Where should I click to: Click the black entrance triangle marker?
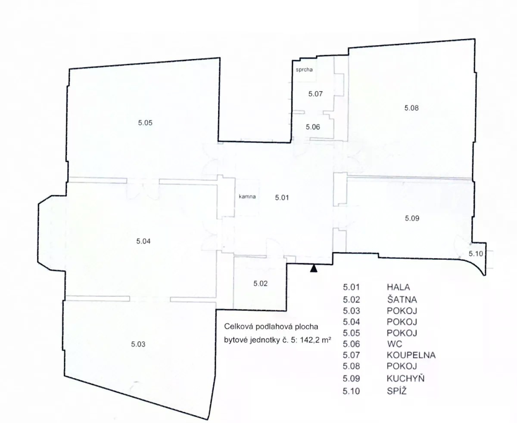314,268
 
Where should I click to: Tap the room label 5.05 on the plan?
145,123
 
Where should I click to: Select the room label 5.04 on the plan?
143,241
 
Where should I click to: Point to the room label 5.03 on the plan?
138,344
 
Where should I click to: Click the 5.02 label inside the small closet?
260,284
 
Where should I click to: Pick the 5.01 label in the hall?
282,198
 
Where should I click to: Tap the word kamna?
247,196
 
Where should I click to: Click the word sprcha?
304,70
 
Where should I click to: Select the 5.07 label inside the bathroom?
315,94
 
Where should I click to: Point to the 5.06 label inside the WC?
313,127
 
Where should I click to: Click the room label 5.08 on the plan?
411,108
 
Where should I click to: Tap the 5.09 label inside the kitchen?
412,218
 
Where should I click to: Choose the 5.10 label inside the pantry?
476,253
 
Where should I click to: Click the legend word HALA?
399,287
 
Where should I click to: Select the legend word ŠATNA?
402,299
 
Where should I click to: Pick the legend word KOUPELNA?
411,355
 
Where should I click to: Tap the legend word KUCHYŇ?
405,378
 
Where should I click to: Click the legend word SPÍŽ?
397,390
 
